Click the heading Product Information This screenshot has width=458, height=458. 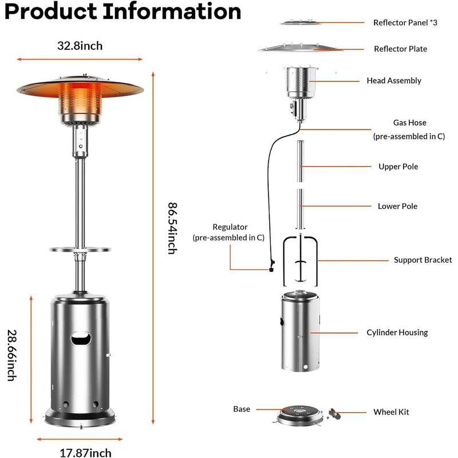coord(123,12)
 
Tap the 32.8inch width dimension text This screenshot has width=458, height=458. coord(80,46)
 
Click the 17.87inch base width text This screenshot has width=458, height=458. coord(80,453)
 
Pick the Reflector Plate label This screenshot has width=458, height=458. coord(400,49)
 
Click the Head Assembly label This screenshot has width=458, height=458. coord(394,81)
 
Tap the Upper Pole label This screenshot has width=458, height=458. coord(398,167)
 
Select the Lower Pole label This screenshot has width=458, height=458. coord(397,206)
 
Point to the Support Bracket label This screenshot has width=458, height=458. coord(423,260)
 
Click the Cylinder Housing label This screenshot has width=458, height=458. coord(397,333)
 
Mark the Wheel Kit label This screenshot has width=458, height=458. coord(391,412)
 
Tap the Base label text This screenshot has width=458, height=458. coord(242,409)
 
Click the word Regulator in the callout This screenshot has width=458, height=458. coord(230,227)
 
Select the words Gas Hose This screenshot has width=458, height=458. coord(409,123)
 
